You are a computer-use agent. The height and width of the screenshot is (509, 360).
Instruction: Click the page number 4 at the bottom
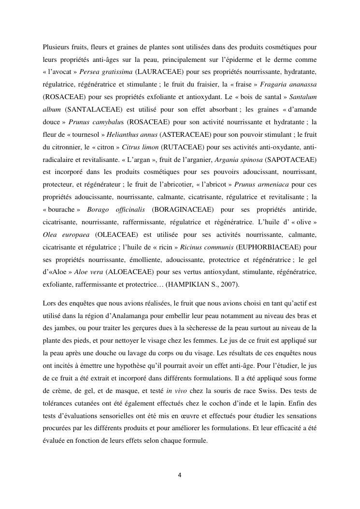point(180,475)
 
